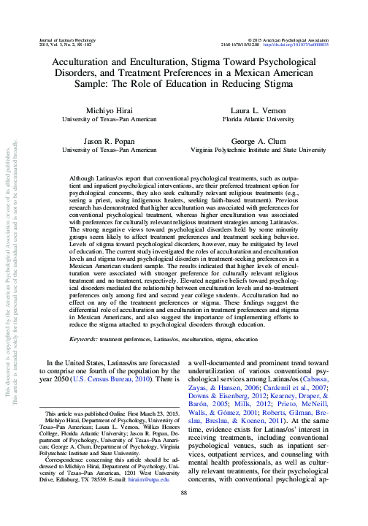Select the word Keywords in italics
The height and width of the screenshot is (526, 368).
[x=85, y=340]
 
